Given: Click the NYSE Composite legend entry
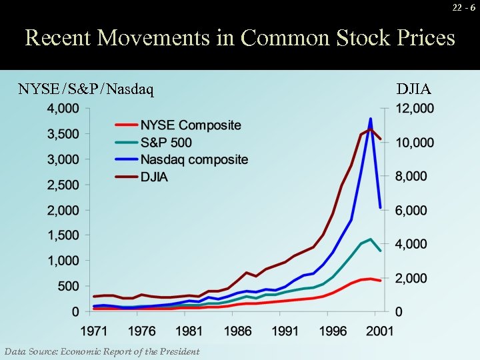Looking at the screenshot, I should (x=190, y=125).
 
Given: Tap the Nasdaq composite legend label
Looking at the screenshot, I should (x=194, y=159).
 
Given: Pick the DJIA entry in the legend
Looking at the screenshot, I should (x=154, y=177).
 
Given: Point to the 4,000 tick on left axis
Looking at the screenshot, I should (x=62, y=109).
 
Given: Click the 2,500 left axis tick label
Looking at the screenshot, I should (x=62, y=185).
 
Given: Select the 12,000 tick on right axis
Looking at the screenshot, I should (x=415, y=109).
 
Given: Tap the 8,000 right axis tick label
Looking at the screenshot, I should (x=415, y=177).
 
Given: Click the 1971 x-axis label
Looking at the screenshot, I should (x=94, y=331).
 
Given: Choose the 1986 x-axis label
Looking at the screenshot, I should (x=238, y=331).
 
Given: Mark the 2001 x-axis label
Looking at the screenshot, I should (x=380, y=331).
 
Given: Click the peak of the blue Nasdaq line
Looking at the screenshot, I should (x=370, y=119).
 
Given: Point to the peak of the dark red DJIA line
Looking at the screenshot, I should (x=370, y=130).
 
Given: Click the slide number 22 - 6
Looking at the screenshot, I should (x=463, y=7).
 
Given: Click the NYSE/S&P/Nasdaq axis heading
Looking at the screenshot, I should (x=86, y=89).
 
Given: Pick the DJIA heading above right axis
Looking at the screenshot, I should (x=413, y=89).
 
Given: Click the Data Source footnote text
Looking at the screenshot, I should (x=101, y=351).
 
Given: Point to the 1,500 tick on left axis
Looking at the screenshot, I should (x=62, y=235).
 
